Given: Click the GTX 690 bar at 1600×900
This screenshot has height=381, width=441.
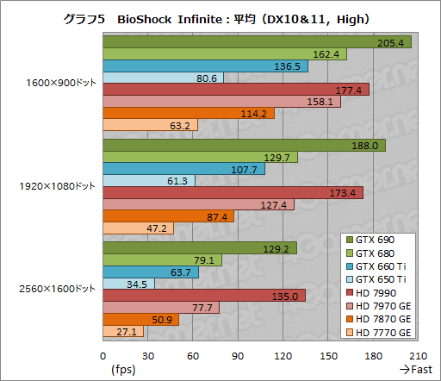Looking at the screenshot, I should pyautogui.click(x=257, y=42).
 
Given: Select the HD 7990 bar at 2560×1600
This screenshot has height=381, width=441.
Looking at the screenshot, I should pyautogui.click(x=204, y=296).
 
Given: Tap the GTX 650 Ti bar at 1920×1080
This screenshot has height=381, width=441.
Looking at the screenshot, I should pyautogui.click(x=149, y=180).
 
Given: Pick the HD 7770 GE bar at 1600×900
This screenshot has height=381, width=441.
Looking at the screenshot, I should pyautogui.click(x=150, y=126).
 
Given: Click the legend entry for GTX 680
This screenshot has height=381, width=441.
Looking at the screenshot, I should pyautogui.click(x=380, y=253).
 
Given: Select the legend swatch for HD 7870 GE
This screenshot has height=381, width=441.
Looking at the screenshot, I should pyautogui.click(x=348, y=319).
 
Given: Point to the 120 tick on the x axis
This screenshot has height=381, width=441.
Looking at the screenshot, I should pyautogui.click(x=283, y=354).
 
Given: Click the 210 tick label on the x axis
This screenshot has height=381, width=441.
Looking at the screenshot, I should pyautogui.click(x=418, y=354).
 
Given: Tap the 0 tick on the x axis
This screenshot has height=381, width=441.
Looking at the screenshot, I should pyautogui.click(x=103, y=354).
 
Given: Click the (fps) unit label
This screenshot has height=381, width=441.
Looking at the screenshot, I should pyautogui.click(x=122, y=370).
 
